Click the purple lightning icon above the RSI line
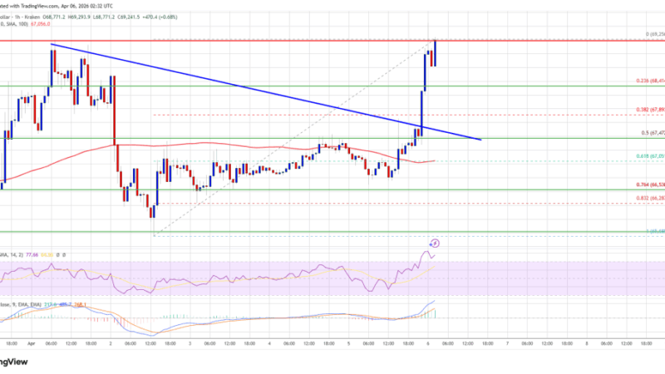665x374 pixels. [435, 244]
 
